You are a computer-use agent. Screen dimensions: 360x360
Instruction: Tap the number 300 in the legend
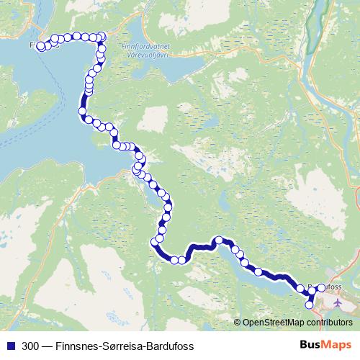pos(31,346)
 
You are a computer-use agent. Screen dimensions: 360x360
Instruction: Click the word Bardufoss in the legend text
pos(169,346)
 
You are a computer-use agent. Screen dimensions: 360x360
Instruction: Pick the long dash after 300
pos(47,346)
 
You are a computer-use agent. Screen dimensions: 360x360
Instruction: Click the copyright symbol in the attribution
pos(238,323)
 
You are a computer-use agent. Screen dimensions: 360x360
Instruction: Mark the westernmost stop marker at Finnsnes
pos(40,48)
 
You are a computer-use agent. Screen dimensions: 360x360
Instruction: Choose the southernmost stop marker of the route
pos(310,305)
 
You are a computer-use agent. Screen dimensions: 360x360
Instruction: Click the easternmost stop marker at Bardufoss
pos(321,288)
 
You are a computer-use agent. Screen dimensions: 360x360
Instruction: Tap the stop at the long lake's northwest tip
pos(218,240)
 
